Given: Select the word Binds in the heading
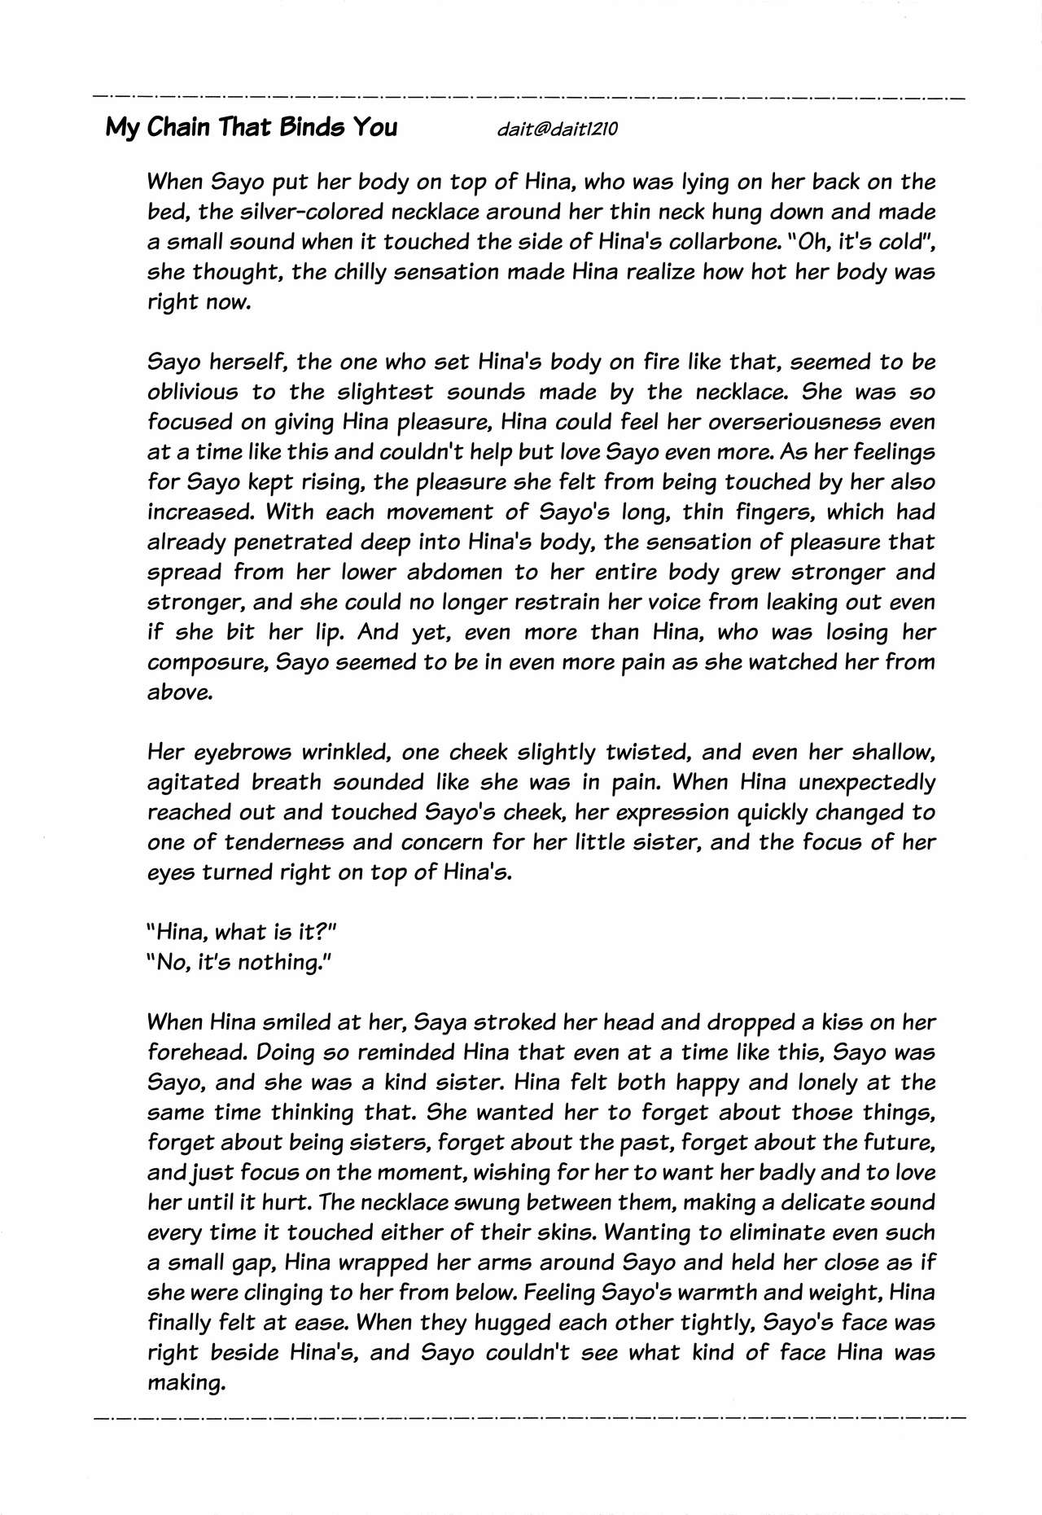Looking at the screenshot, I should pyautogui.click(x=312, y=128).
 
